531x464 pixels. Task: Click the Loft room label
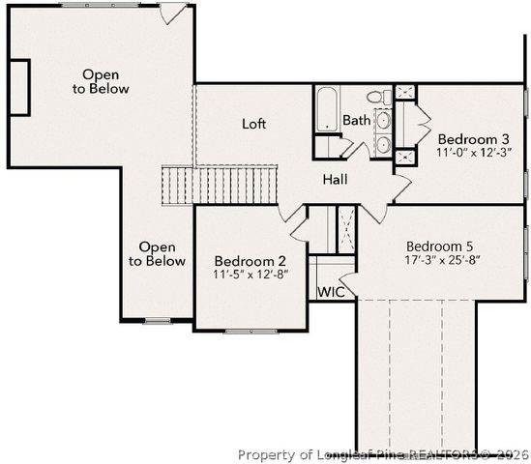pos(253,124)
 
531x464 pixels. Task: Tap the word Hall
pos(335,180)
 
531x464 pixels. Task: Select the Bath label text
pos(356,121)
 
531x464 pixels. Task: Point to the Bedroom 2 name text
pos(250,261)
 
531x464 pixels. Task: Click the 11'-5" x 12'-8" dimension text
pos(250,275)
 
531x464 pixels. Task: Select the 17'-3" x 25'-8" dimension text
pos(441,259)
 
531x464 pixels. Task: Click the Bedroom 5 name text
pos(441,245)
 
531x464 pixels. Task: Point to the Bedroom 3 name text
pos(472,138)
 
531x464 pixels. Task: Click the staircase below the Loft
pos(221,184)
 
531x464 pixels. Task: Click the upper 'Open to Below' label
pos(105,81)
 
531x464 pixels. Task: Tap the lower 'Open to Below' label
pos(157,254)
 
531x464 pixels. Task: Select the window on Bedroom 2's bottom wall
pos(251,332)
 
